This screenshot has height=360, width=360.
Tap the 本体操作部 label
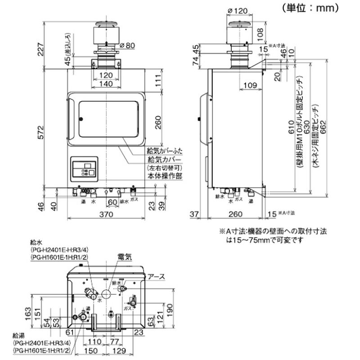165,176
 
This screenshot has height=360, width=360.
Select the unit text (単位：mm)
310,8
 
